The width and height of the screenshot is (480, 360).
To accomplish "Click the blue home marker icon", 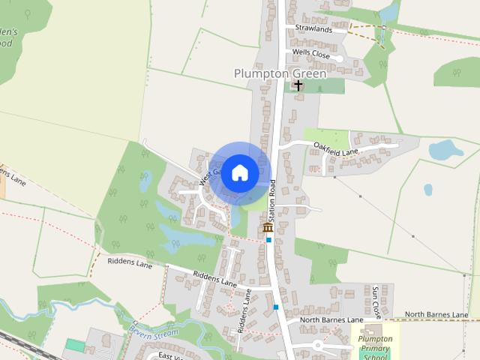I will [239, 172].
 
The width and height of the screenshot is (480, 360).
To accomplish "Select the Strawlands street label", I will [313, 28].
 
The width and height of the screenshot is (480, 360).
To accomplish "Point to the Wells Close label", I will [310, 53].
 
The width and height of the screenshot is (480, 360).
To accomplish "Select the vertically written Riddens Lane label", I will [244, 310].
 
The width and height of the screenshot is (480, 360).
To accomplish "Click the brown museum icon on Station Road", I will [267, 226].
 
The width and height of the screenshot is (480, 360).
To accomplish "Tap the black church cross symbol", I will [298, 85].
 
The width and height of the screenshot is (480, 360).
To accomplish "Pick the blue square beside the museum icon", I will [268, 240].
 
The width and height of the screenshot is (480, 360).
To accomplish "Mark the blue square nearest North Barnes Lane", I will [276, 307].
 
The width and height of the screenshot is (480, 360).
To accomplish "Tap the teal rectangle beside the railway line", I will [75, 344].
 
